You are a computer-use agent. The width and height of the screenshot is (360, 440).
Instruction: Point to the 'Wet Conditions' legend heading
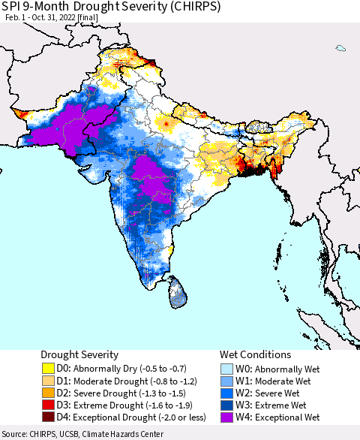pyautogui.click(x=255, y=354)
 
